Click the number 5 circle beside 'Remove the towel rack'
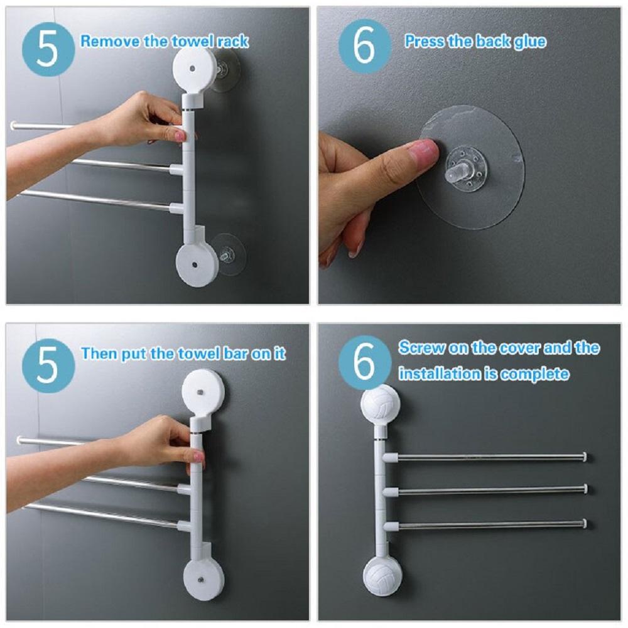(48, 50)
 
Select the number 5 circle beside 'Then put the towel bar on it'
(48, 365)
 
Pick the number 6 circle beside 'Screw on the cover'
(364, 362)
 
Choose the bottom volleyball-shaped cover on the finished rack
(382, 573)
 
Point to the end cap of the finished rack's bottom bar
(585, 523)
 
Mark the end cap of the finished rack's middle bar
(585, 489)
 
